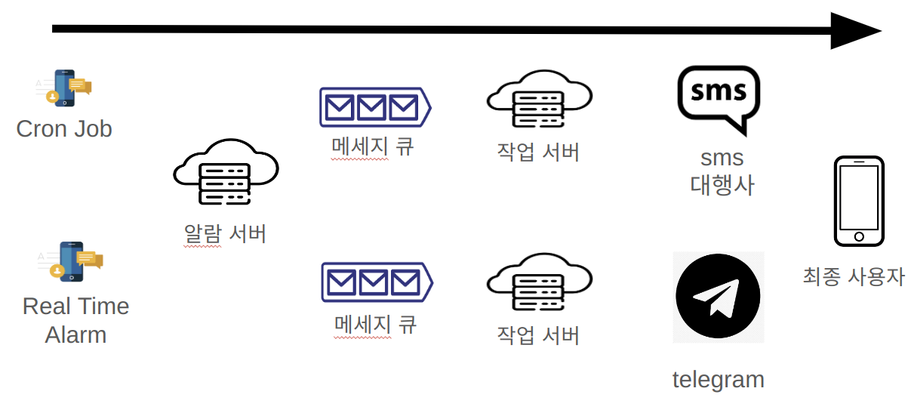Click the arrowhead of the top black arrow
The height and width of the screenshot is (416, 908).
click(855, 31)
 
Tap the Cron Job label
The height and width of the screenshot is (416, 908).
click(64, 128)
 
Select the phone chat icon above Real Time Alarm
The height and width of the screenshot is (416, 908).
click(71, 261)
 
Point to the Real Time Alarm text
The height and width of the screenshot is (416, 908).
click(75, 320)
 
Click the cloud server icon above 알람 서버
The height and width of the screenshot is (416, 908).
click(226, 172)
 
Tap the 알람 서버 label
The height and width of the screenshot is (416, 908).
click(225, 233)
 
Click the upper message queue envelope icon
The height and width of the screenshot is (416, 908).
click(374, 106)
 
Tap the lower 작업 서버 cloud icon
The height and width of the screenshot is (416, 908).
click(539, 283)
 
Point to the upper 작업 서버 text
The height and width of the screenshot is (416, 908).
click(538, 152)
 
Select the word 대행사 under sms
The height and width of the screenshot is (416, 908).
click(722, 185)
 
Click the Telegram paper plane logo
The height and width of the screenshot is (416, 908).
click(718, 297)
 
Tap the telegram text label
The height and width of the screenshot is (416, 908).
click(718, 379)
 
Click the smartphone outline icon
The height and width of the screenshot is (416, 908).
click(859, 201)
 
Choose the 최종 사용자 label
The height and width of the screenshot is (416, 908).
click(854, 276)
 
